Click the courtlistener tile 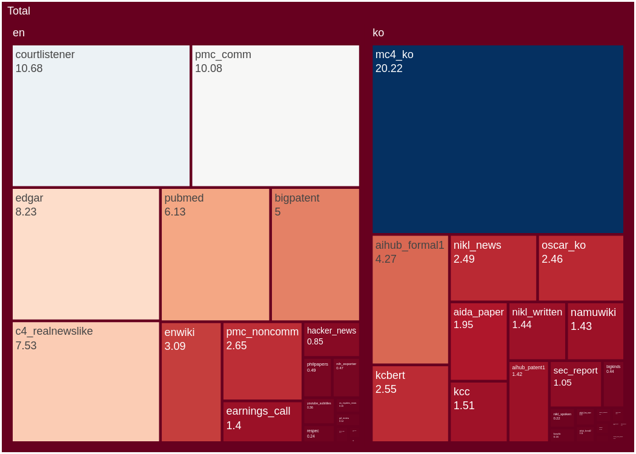click(x=101, y=116)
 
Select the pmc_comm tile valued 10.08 click(x=276, y=116)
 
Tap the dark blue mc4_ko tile click(x=498, y=139)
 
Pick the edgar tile click(x=86, y=254)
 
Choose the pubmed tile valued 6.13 click(x=215, y=254)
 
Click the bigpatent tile click(x=315, y=254)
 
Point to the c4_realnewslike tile click(x=86, y=381)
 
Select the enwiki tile click(x=191, y=381)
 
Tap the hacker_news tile click(x=331, y=339)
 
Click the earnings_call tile click(x=262, y=421)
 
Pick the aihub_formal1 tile click(x=410, y=300)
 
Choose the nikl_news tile click(x=493, y=268)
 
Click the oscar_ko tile click(x=581, y=268)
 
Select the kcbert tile click(x=410, y=403)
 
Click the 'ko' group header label click(x=379, y=33)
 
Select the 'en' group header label click(x=19, y=33)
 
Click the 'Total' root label click(x=19, y=11)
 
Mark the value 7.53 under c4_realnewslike click(x=26, y=346)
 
